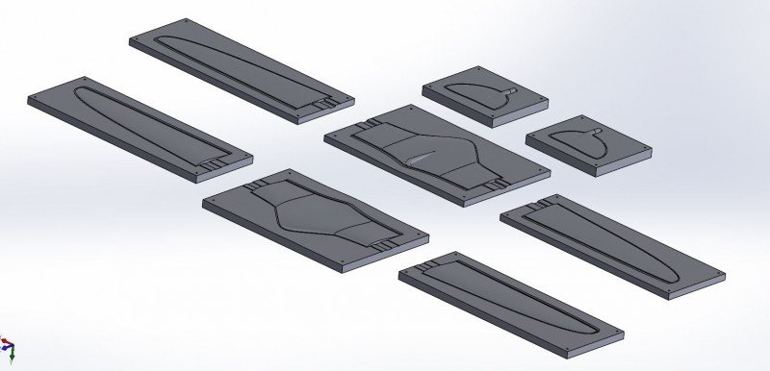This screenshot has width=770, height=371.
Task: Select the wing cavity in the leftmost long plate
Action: pos(135,120)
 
